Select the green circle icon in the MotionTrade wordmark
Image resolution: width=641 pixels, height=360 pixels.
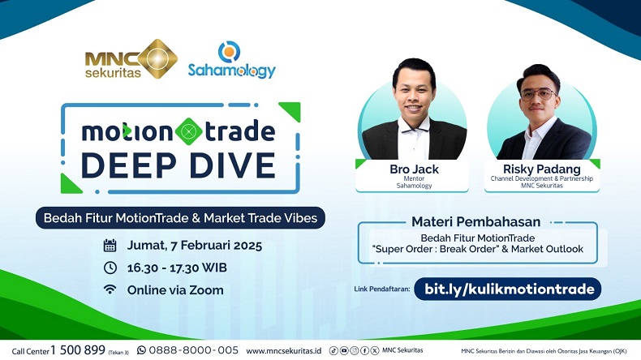189,131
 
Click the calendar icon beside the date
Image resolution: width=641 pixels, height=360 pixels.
110,245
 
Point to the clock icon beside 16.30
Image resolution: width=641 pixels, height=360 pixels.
110,268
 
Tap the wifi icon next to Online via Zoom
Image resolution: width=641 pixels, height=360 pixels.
110,289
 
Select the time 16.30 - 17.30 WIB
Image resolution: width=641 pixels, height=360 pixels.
181,268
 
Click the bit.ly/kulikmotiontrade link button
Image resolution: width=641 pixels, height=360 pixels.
507,289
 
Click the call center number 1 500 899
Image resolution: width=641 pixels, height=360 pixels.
78,350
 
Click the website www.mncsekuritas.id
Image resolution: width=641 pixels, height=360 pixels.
283,350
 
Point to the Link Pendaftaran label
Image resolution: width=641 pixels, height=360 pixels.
381,289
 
